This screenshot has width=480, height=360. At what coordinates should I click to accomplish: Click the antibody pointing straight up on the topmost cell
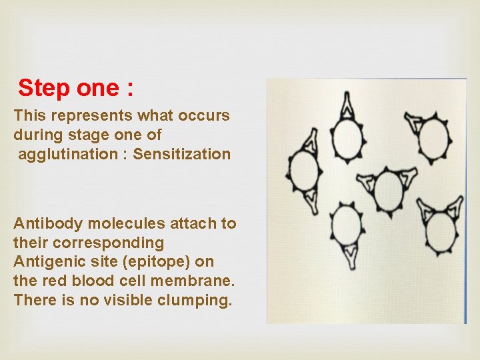tap(347, 105)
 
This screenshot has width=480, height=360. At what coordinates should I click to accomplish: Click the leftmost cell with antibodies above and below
tap(303, 171)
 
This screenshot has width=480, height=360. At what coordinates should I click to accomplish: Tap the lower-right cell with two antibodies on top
tap(442, 230)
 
